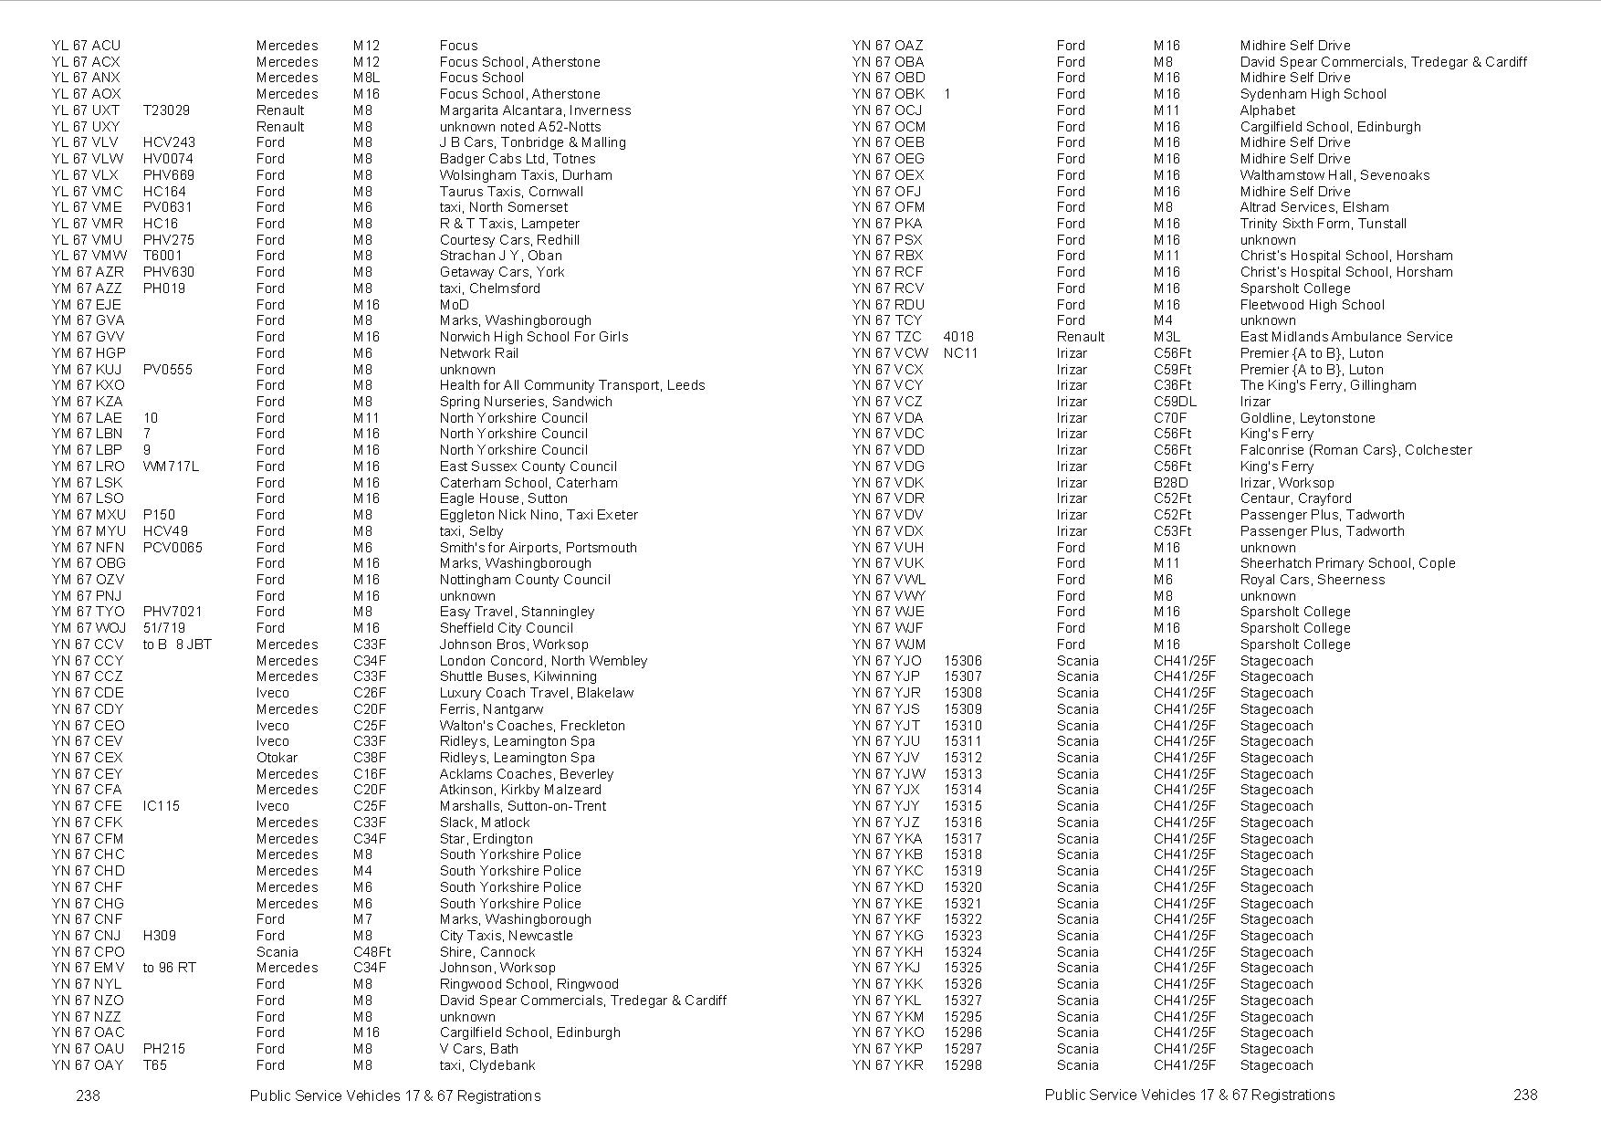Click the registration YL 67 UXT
86,110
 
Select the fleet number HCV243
169,142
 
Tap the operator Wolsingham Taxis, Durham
525,175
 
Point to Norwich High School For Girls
533,337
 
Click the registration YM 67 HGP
89,353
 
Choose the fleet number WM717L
171,466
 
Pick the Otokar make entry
277,758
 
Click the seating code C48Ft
371,952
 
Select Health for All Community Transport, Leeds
571,385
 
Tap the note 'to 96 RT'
169,968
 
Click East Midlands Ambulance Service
1345,337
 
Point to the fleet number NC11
960,353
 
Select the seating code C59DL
1175,402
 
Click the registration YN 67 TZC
887,337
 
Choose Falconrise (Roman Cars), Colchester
1355,450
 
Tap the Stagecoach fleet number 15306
962,661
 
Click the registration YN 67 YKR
887,1065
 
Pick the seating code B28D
1170,483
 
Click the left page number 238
88,1095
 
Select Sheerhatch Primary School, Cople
1347,563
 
